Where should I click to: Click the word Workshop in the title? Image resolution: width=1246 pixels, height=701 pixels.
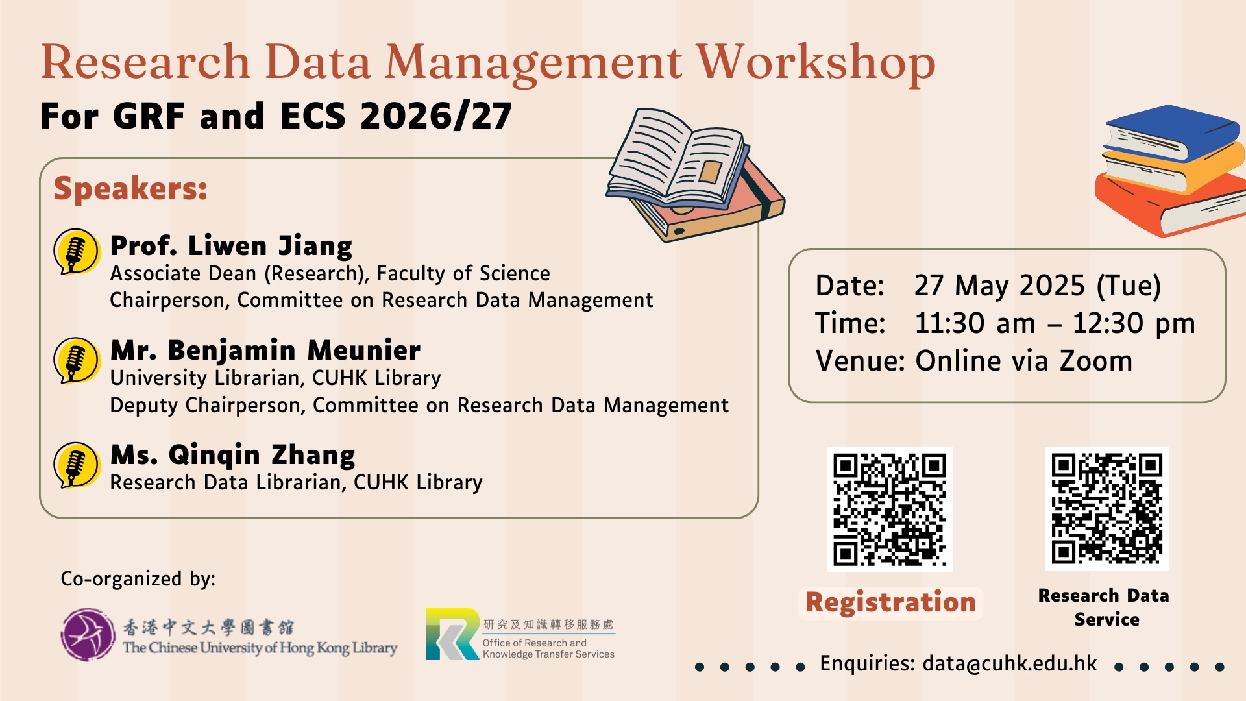pos(816,64)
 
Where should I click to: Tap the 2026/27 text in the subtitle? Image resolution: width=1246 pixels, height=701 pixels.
pos(436,117)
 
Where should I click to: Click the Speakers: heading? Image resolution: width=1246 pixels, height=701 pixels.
pos(130,189)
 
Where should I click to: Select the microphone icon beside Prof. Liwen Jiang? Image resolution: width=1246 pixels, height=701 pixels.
pos(77,252)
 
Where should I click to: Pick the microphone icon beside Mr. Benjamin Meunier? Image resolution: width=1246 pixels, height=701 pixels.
pos(77,360)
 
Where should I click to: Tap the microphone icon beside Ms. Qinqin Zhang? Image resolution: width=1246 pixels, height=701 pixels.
pos(77,465)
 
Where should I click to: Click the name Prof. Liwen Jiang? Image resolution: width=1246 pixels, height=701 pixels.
pos(231,246)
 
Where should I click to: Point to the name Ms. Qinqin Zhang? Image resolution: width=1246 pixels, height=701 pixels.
pos(233,455)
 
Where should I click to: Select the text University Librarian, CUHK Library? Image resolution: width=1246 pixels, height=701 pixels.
pos(275,378)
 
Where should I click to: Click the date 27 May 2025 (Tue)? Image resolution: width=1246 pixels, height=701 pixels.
pos(1038,286)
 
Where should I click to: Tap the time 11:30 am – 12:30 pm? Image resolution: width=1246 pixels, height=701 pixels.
pos(1055,323)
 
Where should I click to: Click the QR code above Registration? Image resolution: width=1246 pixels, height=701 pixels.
pos(890,510)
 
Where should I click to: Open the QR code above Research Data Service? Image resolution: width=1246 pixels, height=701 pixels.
pos(1107,509)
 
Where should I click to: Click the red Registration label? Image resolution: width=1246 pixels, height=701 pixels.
pos(890,603)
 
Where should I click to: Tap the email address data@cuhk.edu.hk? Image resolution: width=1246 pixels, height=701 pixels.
pos(1010,663)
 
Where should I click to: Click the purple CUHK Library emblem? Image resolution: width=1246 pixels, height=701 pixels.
pos(88,634)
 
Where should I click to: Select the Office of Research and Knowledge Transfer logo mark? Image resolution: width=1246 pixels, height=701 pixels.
pos(453,634)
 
